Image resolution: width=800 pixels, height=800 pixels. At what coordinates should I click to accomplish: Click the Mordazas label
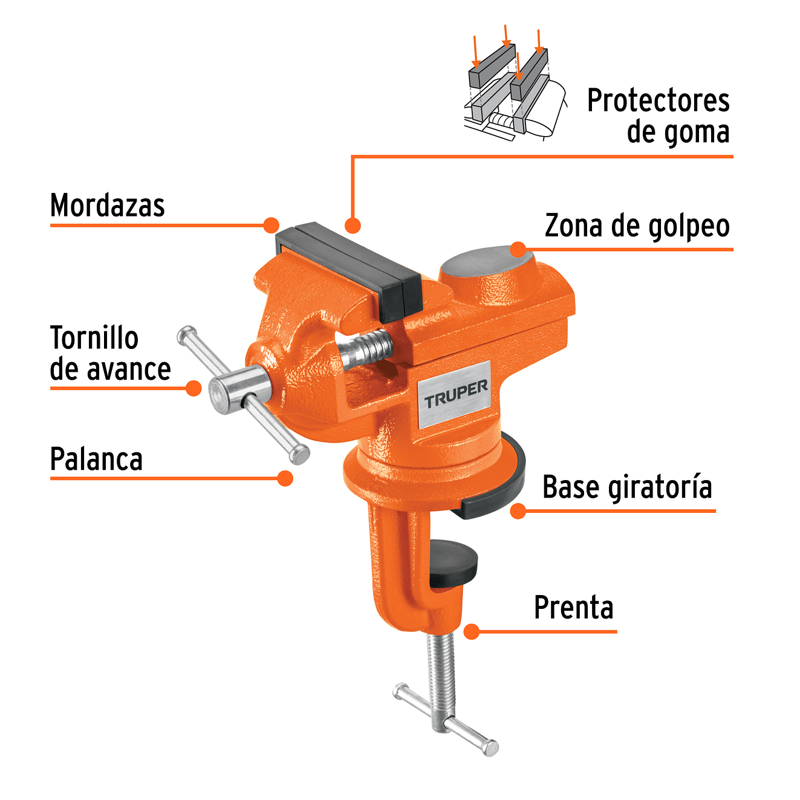coord(107,206)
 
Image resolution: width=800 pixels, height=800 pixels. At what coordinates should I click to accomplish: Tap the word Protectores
coord(658,101)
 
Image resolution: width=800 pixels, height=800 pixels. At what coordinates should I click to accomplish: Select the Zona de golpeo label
coord(637,226)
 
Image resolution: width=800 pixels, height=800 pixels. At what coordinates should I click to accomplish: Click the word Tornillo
coord(94,338)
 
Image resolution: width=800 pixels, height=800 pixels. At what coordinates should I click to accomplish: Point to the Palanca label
coord(96,460)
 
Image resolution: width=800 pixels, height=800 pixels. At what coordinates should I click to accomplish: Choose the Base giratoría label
coord(627,487)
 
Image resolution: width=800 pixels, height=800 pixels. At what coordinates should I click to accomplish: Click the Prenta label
coord(573,608)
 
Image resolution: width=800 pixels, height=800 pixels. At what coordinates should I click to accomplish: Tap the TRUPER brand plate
coord(455,394)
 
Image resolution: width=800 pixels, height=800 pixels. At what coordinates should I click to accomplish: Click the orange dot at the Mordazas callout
coord(272,226)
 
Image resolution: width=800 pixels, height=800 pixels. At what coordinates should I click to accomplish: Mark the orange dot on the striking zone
coord(518,249)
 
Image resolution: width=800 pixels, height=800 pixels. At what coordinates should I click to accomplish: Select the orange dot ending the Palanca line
coord(285,478)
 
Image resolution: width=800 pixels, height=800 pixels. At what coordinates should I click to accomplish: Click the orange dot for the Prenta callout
coord(472,632)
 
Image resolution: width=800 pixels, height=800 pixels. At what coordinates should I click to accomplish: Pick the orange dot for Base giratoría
coord(518,511)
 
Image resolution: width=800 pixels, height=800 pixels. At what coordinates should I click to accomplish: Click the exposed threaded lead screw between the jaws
coord(366,349)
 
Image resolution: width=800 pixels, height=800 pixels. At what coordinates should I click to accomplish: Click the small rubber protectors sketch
coord(514,88)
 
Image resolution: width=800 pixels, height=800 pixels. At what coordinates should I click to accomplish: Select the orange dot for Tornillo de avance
coord(193,388)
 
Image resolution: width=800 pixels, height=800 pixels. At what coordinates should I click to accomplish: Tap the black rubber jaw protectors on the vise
coord(351,266)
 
